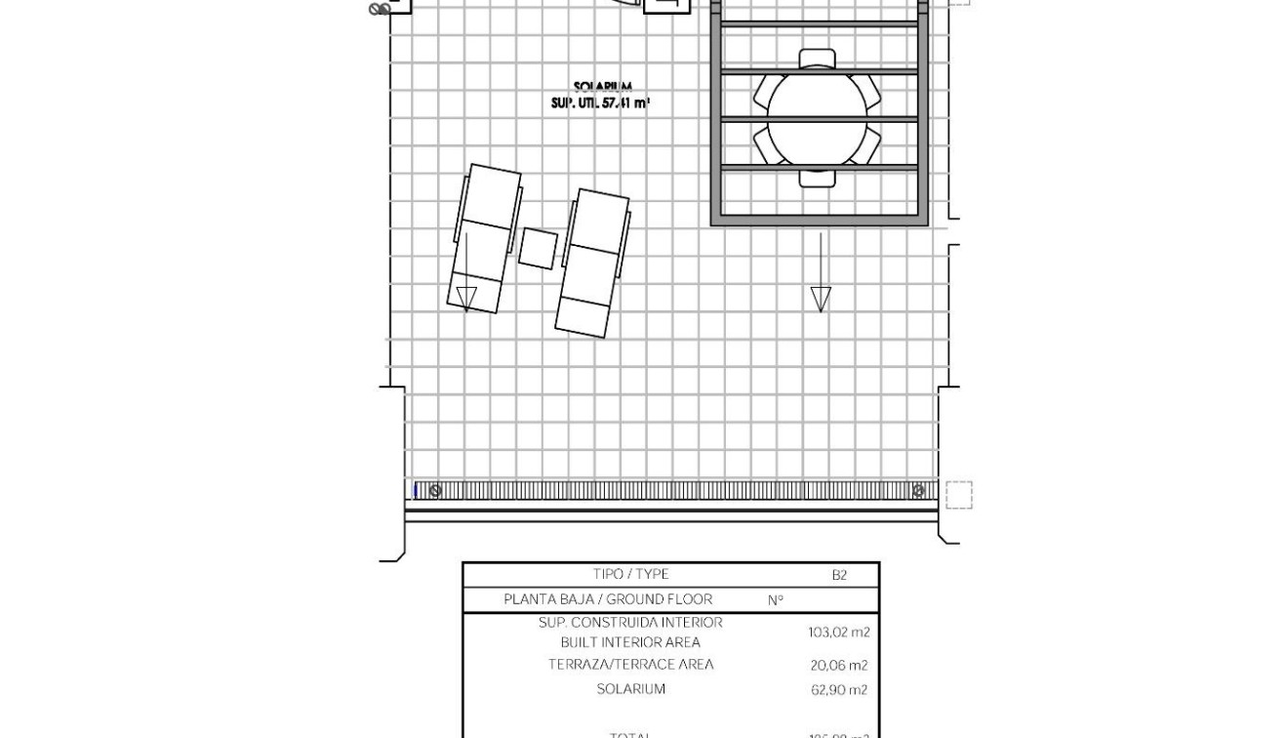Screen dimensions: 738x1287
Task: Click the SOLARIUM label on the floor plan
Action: click(602, 88)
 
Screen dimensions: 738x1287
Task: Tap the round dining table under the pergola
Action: click(817, 118)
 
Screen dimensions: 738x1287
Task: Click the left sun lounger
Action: click(485, 238)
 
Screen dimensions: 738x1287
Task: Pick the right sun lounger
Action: click(592, 263)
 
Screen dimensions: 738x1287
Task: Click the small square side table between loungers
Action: click(538, 248)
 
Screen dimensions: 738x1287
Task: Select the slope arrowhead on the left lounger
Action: click(466, 299)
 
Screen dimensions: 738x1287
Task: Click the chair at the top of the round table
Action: click(817, 59)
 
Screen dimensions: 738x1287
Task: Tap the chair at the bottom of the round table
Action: click(817, 178)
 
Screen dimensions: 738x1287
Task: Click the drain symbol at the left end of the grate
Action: click(435, 490)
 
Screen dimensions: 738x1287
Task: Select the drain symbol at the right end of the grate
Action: click(918, 490)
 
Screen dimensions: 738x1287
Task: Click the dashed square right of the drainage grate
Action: click(958, 495)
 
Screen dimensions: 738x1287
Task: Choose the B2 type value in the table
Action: click(839, 575)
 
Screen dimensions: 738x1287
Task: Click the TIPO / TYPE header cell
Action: click(630, 574)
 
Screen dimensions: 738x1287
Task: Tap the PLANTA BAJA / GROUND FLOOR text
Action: click(608, 599)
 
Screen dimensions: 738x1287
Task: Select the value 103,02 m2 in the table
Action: click(838, 633)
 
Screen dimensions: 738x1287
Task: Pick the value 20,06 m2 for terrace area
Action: click(838, 666)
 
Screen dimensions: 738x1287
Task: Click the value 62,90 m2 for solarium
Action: click(838, 690)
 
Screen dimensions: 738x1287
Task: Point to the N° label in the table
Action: click(776, 600)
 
